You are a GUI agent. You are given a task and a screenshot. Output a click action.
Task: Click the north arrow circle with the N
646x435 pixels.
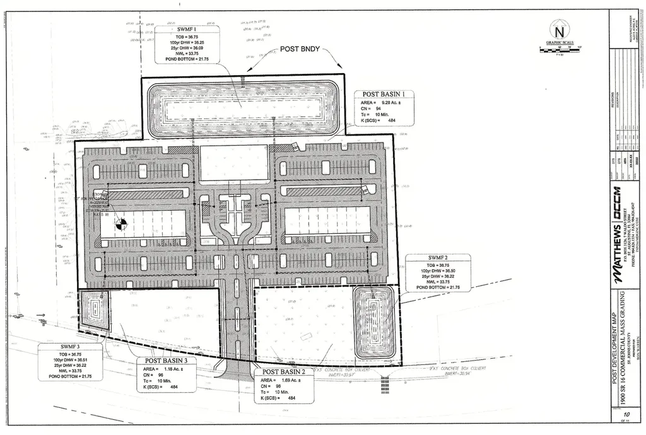click(558, 31)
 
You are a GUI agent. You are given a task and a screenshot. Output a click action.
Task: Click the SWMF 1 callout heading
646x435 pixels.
click(186, 30)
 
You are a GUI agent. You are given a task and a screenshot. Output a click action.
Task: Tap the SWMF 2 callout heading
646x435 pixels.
click(437, 258)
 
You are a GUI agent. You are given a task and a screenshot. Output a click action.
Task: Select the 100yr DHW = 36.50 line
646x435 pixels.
click(438, 270)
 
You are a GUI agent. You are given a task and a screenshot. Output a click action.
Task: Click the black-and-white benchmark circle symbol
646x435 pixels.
click(120, 223)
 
